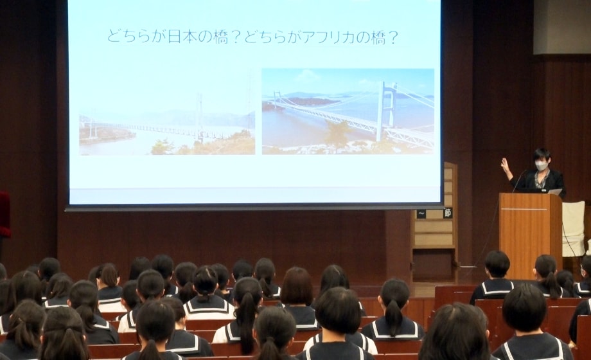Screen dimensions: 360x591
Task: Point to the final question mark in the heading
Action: click(393, 37)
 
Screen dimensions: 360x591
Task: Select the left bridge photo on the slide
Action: click(167, 123)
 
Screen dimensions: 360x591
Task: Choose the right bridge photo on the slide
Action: click(348, 111)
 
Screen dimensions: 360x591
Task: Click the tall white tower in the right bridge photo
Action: click(385, 111)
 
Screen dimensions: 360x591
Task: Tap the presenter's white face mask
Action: click(541, 166)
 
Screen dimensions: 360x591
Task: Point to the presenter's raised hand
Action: click(506, 165)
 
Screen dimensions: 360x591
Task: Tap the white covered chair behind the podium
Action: click(574, 228)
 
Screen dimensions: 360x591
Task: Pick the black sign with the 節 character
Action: click(448, 213)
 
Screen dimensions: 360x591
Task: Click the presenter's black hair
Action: click(542, 154)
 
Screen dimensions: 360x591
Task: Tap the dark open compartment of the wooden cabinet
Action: click(433, 264)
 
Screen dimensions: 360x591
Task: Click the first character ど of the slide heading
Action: click(114, 37)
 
